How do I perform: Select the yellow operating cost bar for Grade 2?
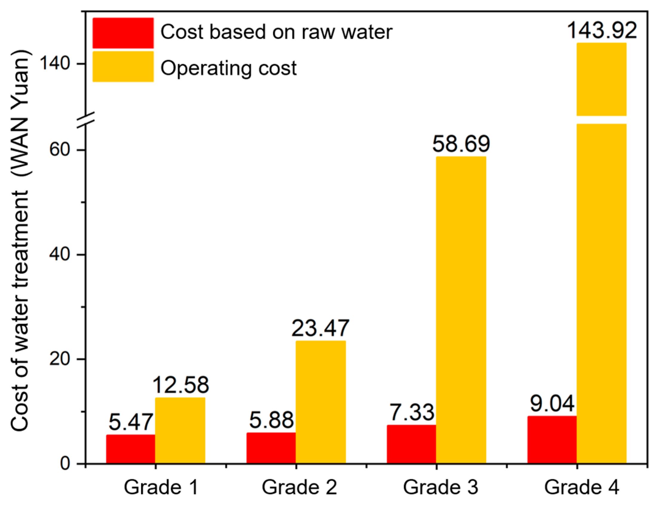(321, 402)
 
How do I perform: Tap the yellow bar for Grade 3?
(461, 310)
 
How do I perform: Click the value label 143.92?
(602, 30)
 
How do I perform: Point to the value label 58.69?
(461, 144)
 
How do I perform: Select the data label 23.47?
(320, 328)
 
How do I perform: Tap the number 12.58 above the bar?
(180, 385)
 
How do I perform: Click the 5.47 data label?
(131, 422)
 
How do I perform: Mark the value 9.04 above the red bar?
(552, 404)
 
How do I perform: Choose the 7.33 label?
(412, 412)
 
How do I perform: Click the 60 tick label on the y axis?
(59, 150)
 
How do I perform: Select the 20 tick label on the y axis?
(59, 359)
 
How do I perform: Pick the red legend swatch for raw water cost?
(123, 33)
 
